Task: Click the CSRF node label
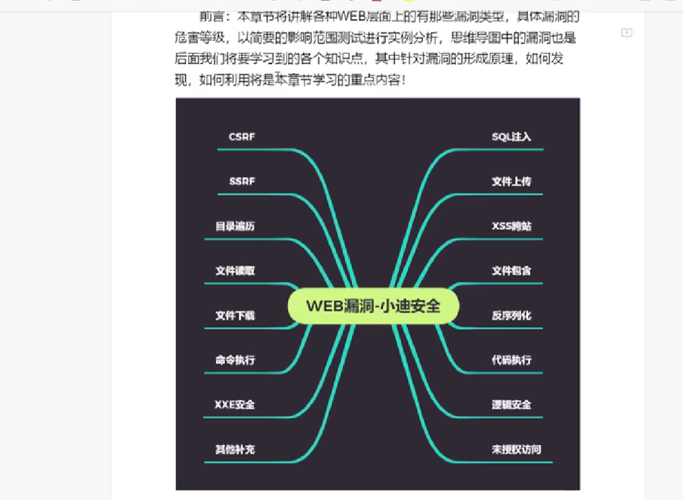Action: point(242,137)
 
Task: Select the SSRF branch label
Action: point(242,182)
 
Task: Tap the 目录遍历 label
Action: point(235,226)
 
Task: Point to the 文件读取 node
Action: point(235,271)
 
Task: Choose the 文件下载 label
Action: point(235,316)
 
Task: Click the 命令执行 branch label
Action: point(235,360)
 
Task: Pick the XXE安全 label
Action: point(235,405)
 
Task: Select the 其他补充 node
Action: point(235,449)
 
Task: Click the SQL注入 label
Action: point(511,137)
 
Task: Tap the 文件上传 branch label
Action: point(511,182)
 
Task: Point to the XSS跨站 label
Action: point(511,226)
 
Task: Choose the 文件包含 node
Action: point(511,271)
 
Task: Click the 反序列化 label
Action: point(511,316)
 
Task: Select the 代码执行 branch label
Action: point(511,360)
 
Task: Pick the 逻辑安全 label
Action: point(511,405)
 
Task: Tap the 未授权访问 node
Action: point(516,449)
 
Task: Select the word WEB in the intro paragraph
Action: point(353,16)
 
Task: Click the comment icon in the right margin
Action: point(627,34)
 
